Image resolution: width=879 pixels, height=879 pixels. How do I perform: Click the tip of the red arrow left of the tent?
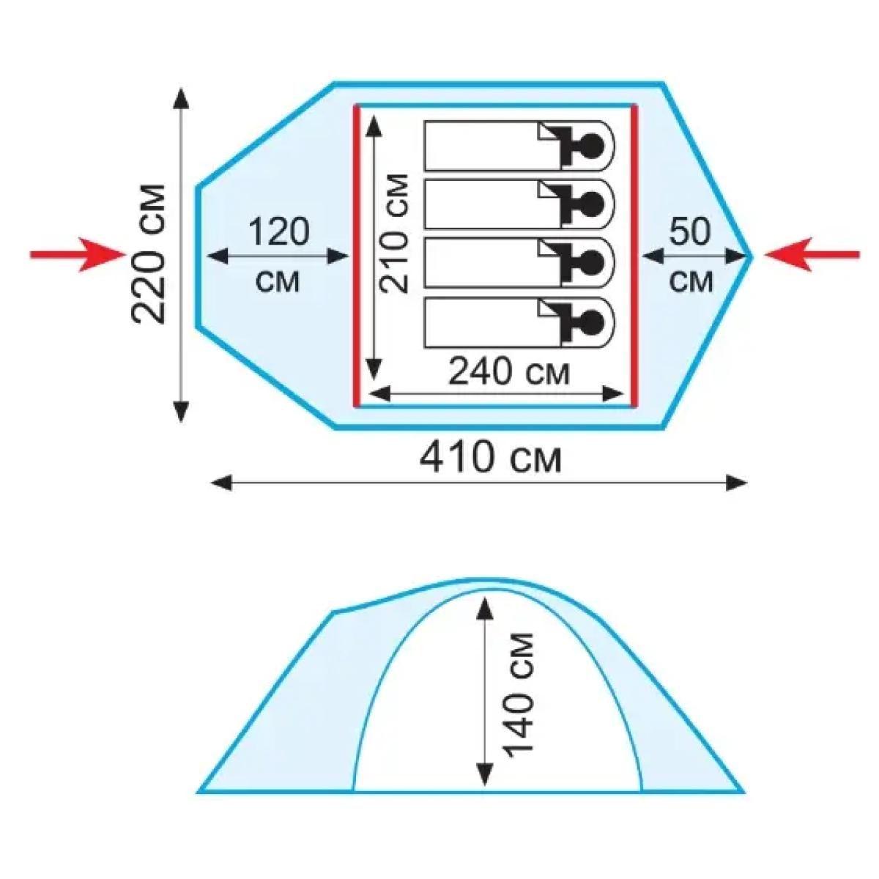[126, 254]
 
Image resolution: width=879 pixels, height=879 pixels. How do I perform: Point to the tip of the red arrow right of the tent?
[763, 254]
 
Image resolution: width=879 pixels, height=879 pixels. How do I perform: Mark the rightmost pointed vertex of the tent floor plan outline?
[751, 256]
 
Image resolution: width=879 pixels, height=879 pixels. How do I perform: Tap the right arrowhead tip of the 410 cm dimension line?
[747, 483]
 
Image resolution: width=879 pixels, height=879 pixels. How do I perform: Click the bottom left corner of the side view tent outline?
[198, 793]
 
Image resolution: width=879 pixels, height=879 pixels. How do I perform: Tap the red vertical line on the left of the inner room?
[356, 256]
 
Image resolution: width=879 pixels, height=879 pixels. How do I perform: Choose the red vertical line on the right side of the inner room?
[634, 256]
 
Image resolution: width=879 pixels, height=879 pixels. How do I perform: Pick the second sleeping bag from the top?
[519, 204]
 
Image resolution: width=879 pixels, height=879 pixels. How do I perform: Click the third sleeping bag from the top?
[519, 263]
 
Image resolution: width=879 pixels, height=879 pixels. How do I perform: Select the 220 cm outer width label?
[148, 254]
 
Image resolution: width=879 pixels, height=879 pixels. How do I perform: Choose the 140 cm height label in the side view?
[518, 695]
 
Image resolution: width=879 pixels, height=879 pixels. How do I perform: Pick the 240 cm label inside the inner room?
[510, 373]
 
